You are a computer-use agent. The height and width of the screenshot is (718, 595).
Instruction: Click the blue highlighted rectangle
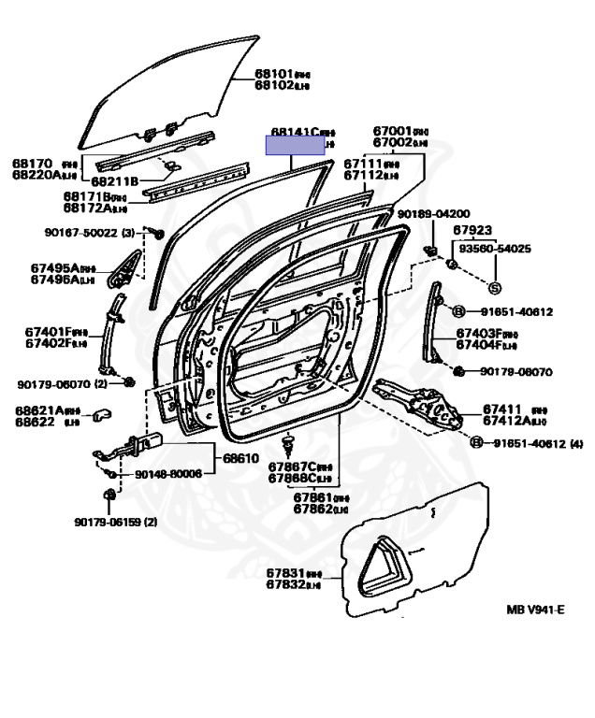click(x=295, y=146)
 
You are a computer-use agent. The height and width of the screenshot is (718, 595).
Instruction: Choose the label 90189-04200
click(x=433, y=214)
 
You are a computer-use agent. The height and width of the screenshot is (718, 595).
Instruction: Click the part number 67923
click(x=472, y=229)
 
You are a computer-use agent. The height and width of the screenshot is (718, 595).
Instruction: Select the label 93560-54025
click(x=492, y=249)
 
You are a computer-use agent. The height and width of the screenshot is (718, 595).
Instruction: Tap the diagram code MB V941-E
click(x=535, y=610)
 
